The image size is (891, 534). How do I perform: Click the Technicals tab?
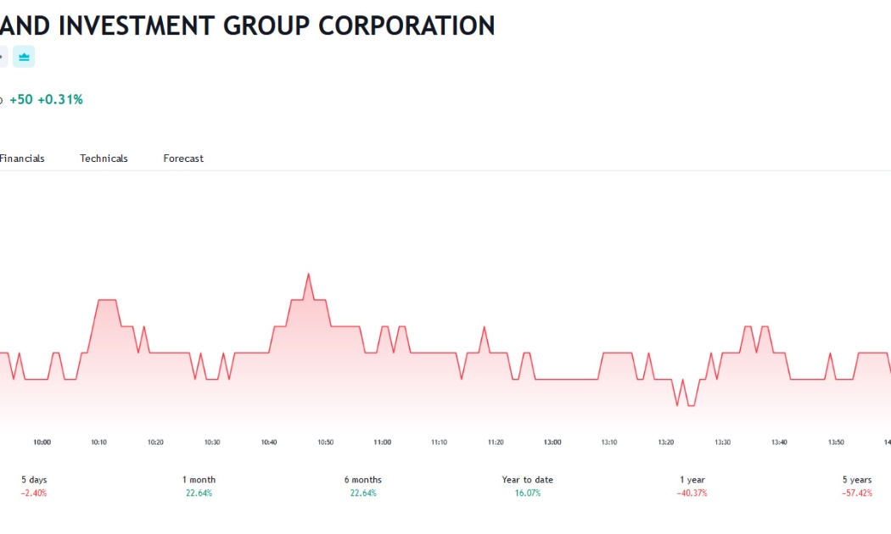coord(104,159)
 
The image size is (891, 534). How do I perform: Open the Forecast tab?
coord(183,159)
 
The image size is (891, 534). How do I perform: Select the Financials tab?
coord(21,159)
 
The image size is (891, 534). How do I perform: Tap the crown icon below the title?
coord(24,57)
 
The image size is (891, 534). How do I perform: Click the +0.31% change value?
coord(60,99)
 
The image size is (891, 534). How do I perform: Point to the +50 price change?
coord(21,99)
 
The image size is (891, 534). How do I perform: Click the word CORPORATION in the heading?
coord(406,25)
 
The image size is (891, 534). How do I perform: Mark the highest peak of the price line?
coord(309,274)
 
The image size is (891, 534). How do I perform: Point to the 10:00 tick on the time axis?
coord(42,442)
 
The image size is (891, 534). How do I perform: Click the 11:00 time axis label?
coord(383,442)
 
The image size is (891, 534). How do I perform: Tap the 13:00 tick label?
coord(552,442)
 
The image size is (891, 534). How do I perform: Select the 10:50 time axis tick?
coord(326,442)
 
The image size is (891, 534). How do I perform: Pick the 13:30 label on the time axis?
coord(722,442)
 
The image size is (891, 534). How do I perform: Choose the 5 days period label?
coord(34,480)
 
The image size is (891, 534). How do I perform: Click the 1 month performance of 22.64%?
coord(199,493)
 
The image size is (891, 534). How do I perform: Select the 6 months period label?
coord(363,480)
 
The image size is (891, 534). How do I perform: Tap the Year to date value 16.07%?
coord(528,493)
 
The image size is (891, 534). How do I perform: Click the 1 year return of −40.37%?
coord(692,493)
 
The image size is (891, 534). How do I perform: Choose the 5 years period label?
coord(857,480)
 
